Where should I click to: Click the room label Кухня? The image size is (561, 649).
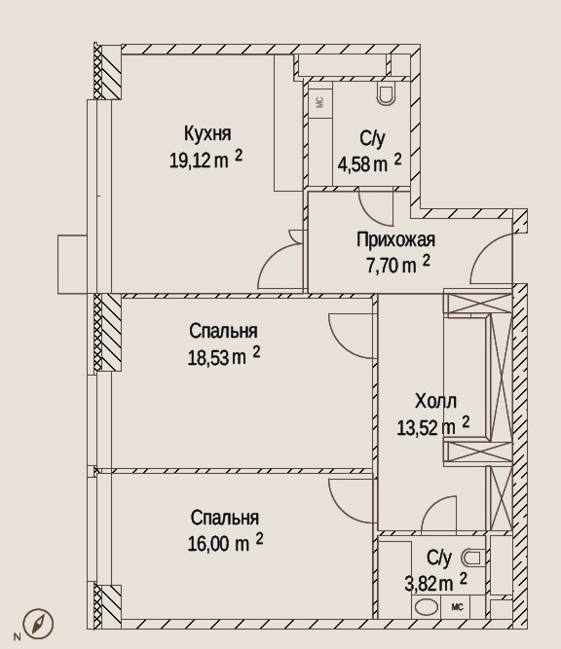coord(207,134)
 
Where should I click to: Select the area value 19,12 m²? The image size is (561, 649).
coord(206,160)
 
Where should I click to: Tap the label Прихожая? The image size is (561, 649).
coord(395,240)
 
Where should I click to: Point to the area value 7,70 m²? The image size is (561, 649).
coord(397,265)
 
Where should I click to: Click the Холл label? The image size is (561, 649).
coord(436,402)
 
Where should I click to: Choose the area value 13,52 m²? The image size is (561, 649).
coord(433,426)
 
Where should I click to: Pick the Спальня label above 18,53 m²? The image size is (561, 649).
coord(223,332)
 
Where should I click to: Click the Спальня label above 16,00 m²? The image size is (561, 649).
coord(225,519)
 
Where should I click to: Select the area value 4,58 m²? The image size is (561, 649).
coord(369,163)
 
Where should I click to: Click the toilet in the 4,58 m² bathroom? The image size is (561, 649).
coord(387,94)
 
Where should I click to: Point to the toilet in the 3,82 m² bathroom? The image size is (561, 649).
coord(471,558)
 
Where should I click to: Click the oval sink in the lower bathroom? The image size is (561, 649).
coord(427,607)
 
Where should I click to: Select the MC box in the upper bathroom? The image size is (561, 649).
coord(319,101)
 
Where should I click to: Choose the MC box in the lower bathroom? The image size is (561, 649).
coord(457,607)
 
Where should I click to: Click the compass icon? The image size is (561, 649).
coord(38,623)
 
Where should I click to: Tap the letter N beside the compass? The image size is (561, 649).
coord(17,636)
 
